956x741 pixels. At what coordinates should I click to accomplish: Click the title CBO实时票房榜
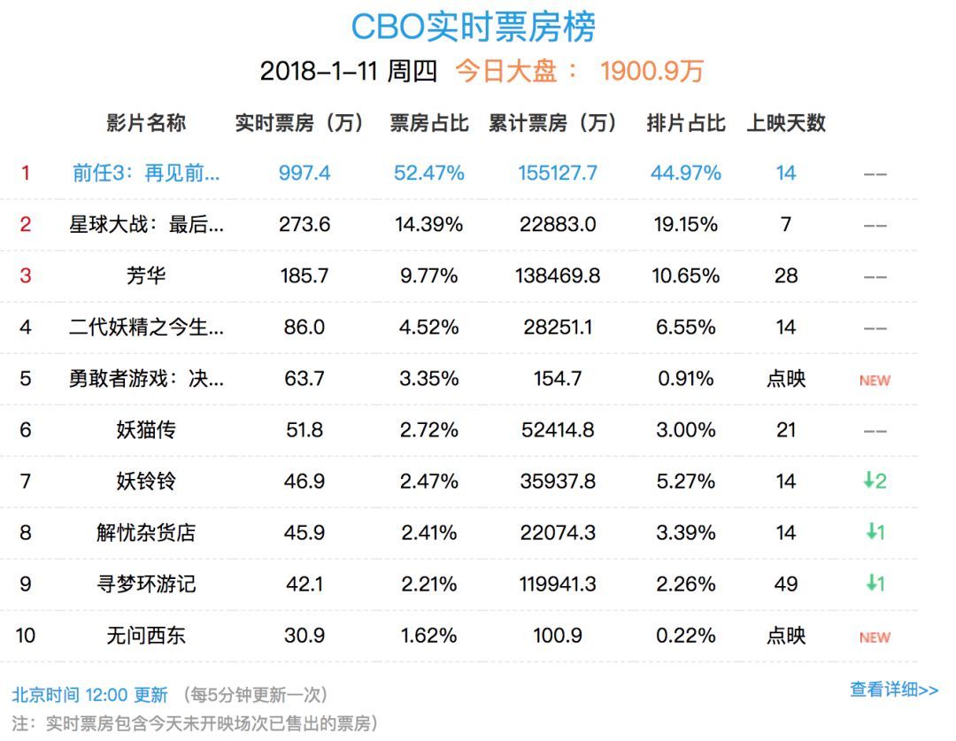(474, 27)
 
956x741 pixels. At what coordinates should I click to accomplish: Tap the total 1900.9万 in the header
(651, 71)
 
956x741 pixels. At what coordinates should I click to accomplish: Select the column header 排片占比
(686, 123)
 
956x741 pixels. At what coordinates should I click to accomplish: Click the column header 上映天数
(786, 123)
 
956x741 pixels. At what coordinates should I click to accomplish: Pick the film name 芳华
(146, 275)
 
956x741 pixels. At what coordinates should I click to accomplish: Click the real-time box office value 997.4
(305, 173)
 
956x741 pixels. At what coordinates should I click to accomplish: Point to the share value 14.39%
(429, 224)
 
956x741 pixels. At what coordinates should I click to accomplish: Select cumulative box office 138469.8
(558, 275)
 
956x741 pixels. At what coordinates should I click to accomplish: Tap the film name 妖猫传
(146, 429)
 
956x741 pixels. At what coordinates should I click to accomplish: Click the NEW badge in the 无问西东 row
(875, 637)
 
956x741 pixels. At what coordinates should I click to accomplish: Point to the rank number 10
(26, 635)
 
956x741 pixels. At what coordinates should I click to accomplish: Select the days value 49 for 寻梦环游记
(786, 583)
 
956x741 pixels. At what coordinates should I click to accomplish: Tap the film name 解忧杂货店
(146, 532)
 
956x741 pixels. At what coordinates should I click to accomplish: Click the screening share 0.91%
(686, 378)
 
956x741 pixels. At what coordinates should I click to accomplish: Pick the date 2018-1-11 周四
(349, 71)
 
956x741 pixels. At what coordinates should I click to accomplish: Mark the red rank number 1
(26, 173)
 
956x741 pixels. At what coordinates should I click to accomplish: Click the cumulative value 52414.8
(558, 429)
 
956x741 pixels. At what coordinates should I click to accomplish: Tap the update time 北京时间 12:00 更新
(89, 695)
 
